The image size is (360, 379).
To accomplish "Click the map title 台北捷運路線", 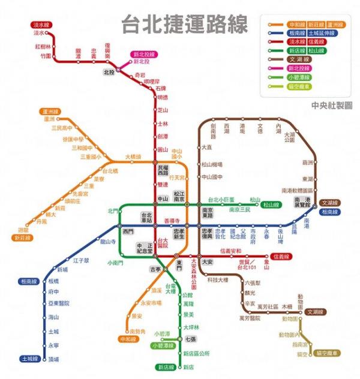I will [x=184, y=26].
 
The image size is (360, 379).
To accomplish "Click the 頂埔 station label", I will [x=53, y=359].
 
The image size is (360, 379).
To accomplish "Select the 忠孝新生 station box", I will [x=179, y=233].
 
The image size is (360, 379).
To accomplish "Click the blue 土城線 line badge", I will [x=29, y=359].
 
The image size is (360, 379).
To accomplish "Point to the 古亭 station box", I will [x=155, y=269].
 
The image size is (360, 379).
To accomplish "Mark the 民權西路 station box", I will [x=163, y=170].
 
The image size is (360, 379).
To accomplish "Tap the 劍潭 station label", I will [x=162, y=137].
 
